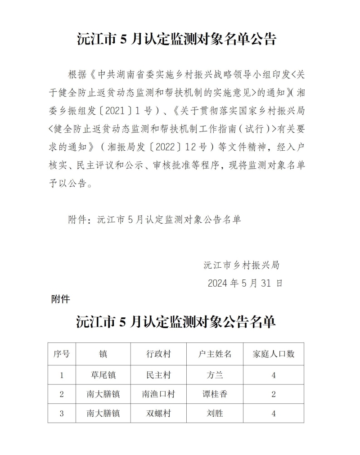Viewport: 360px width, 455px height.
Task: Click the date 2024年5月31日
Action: pyautogui.click(x=245, y=283)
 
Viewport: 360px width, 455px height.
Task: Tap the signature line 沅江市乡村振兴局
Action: pyautogui.click(x=242, y=265)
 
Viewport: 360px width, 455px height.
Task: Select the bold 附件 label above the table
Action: pyautogui.click(x=60, y=299)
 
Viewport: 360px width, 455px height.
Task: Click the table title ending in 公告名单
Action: pyautogui.click(x=176, y=322)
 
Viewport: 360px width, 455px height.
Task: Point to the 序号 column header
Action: pyautogui.click(x=62, y=354)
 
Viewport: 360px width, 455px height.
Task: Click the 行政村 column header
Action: pyautogui.click(x=158, y=354)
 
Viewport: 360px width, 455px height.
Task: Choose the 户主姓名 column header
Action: pyautogui.click(x=215, y=354)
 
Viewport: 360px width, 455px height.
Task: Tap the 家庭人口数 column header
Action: pyautogui.click(x=274, y=354)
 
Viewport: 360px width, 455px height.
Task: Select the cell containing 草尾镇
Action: pyautogui.click(x=103, y=375)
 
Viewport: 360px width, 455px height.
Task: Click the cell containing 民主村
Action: pyautogui.click(x=158, y=375)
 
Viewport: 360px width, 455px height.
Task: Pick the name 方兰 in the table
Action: pyautogui.click(x=215, y=375)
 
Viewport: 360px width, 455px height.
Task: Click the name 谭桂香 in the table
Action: pyautogui.click(x=215, y=394)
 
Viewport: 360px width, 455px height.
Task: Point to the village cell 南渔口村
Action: pyautogui.click(x=158, y=394)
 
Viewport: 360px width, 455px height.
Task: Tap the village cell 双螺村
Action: pyautogui.click(x=158, y=413)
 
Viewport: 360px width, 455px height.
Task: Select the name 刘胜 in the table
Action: pyautogui.click(x=215, y=413)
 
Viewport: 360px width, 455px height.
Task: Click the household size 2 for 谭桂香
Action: pyautogui.click(x=274, y=394)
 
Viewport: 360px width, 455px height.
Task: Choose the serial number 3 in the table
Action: pyautogui.click(x=62, y=413)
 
